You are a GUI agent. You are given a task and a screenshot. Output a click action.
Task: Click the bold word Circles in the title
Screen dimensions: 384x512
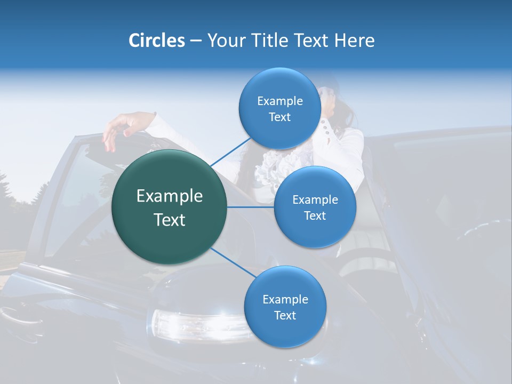157,41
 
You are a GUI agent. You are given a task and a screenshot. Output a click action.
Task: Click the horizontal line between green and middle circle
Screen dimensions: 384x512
250,207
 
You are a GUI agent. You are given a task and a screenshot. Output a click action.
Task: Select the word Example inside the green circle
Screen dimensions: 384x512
170,196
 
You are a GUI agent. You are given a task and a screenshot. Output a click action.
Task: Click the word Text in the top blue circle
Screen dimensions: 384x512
279,117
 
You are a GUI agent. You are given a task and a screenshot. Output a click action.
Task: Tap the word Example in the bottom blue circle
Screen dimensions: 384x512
285,299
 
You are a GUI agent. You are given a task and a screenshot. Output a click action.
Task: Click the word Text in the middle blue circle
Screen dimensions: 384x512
315,215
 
